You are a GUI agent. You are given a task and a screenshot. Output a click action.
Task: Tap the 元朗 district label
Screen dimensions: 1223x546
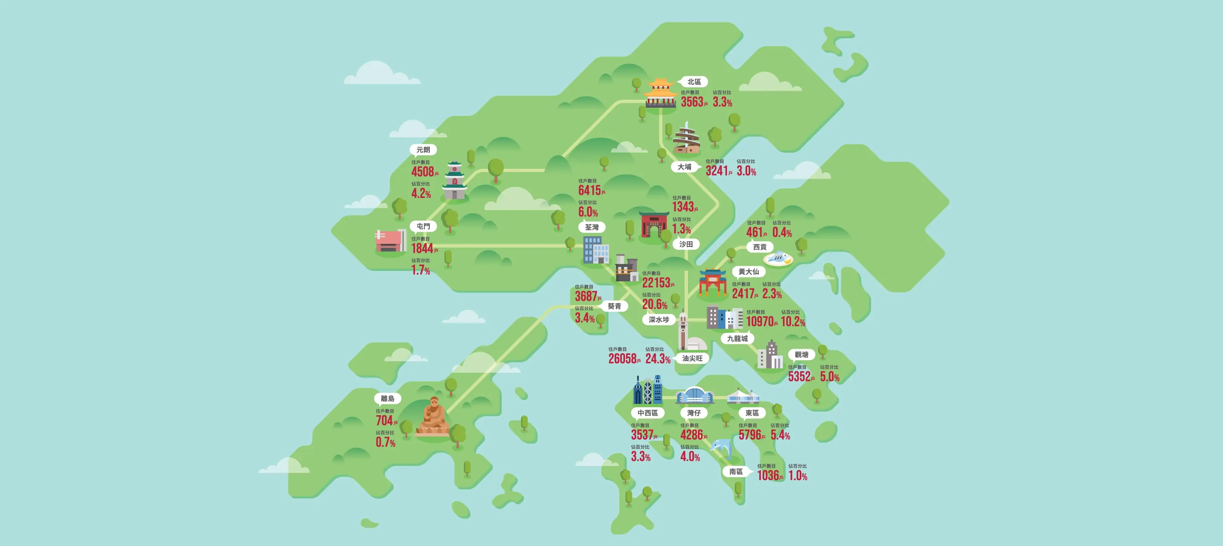point(423,149)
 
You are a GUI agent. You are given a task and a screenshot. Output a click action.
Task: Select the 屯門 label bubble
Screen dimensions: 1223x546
point(423,226)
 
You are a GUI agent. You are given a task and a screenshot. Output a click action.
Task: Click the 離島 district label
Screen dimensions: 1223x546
point(388,398)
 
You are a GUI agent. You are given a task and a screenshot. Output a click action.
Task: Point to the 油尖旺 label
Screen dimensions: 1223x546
point(692,358)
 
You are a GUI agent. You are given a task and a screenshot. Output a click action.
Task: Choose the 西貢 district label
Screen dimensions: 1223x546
point(760,247)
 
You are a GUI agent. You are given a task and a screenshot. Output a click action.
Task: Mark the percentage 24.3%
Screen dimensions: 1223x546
point(658,359)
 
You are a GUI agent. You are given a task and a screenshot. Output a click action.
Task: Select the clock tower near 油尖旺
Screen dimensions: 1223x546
point(683,330)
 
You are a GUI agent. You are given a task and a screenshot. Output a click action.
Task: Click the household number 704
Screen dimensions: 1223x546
point(385,421)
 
